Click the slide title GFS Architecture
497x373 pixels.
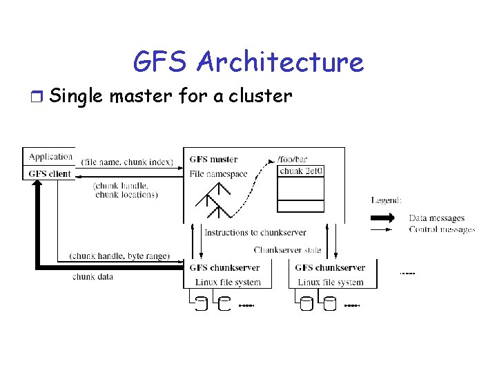[248, 62]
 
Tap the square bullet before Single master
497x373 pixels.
[38, 96]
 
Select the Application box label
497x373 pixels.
[51, 157]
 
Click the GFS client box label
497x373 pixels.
[51, 173]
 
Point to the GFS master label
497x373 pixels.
[214, 160]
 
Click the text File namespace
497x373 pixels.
[218, 174]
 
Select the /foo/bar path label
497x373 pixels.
[293, 158]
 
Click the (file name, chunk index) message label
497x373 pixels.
[127, 162]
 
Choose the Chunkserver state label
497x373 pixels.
[288, 250]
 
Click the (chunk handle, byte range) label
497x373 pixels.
[119, 256]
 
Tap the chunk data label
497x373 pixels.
[92, 277]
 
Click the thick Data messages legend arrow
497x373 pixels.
[384, 218]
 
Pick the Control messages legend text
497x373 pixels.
[442, 230]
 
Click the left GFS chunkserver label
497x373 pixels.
[224, 268]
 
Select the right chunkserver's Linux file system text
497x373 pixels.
[331, 282]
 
